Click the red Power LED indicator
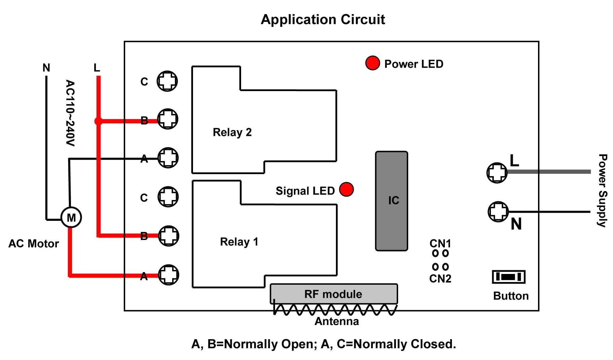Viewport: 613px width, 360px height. click(372, 63)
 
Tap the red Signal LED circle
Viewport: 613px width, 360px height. click(346, 189)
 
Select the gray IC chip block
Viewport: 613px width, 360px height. click(391, 201)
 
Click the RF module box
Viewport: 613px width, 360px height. click(334, 294)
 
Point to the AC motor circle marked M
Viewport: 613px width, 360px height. click(71, 217)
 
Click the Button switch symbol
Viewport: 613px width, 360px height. click(508, 277)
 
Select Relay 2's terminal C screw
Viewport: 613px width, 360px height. click(167, 81)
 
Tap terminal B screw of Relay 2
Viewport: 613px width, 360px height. click(167, 119)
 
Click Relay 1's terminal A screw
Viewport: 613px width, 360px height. click(168, 275)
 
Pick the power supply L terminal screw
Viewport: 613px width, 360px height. click(497, 173)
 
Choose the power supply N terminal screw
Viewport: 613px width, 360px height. click(498, 211)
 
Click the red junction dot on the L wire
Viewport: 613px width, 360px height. click(98, 121)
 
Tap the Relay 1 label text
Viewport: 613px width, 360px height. click(239, 242)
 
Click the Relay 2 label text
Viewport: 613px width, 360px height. click(232, 132)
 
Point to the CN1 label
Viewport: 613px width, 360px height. click(440, 243)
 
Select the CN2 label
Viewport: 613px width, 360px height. click(440, 278)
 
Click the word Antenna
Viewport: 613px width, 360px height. click(336, 321)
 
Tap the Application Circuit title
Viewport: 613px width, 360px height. click(322, 19)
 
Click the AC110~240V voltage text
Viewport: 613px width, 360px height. click(70, 113)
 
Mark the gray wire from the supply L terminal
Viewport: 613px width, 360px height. click(551, 172)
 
